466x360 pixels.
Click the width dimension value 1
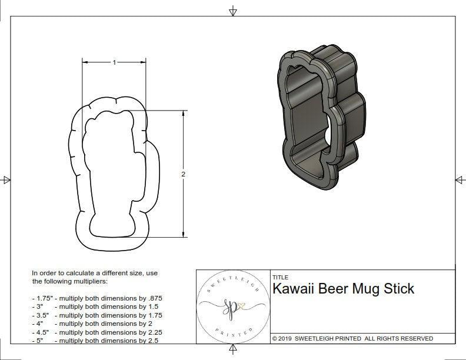[114, 62]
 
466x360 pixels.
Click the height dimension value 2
[184, 175]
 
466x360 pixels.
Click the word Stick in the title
[400, 289]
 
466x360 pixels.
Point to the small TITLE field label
[280, 278]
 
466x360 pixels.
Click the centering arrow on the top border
[233, 11]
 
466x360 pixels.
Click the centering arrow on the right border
[460, 180]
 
